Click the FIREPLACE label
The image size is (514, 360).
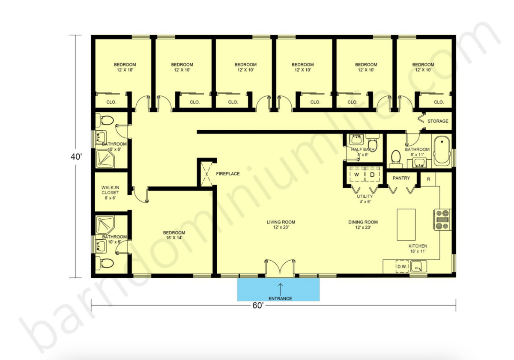[x=227, y=174]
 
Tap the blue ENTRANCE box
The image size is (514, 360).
[x=278, y=290]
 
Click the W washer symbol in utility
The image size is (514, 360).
[x=356, y=175]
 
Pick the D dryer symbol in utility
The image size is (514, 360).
[x=372, y=175]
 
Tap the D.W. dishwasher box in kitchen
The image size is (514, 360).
[x=401, y=266]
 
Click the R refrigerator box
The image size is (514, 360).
[x=428, y=179]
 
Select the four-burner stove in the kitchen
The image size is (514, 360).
[x=442, y=219]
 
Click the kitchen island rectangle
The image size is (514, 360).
[x=406, y=225]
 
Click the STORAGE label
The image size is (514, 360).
[x=437, y=121]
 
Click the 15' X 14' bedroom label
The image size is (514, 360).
[x=174, y=235]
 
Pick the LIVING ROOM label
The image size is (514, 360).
[x=281, y=225]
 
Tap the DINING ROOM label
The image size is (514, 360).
[x=362, y=225]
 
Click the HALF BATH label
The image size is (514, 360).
[x=363, y=152]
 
